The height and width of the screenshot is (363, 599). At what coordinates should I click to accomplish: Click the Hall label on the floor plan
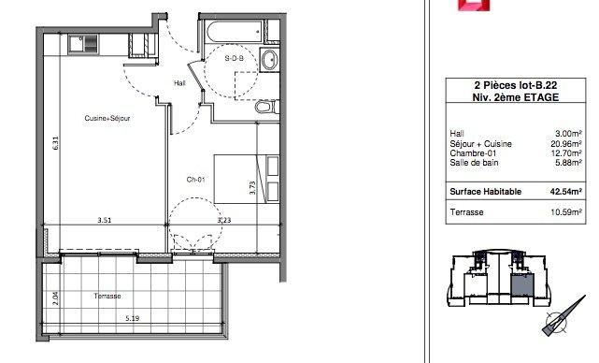click(179, 83)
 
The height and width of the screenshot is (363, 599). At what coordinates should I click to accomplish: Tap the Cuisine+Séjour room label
click(107, 118)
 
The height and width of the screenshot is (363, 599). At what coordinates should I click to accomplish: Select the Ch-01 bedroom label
click(195, 180)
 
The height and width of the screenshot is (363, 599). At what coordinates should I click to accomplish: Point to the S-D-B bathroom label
click(234, 58)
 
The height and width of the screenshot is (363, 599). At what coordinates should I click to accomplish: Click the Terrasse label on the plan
click(107, 296)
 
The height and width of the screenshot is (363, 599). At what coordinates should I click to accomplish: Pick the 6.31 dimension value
click(56, 143)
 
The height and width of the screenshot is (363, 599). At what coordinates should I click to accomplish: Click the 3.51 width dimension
click(105, 220)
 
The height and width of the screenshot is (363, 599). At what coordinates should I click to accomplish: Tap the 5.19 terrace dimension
click(132, 318)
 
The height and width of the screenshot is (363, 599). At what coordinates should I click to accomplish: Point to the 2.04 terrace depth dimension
click(56, 298)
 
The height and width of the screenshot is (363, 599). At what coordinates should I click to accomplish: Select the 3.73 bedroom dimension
click(252, 187)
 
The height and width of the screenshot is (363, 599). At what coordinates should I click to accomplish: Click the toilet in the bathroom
click(266, 107)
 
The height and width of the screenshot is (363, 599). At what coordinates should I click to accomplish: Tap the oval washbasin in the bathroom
click(270, 60)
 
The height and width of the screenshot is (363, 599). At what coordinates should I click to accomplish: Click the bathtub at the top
click(233, 31)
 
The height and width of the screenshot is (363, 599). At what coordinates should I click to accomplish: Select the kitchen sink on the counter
click(83, 44)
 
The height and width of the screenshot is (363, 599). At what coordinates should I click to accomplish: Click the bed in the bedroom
click(247, 179)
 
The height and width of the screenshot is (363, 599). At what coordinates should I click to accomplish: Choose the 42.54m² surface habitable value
click(565, 191)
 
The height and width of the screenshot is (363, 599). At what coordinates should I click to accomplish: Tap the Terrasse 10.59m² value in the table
click(566, 212)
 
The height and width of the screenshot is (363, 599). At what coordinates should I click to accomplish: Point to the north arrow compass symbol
click(563, 317)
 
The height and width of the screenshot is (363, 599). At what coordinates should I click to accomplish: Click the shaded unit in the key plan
click(522, 285)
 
